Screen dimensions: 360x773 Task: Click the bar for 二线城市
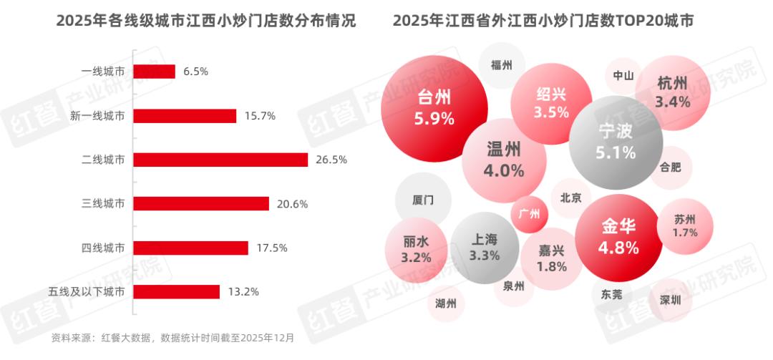point(220,160)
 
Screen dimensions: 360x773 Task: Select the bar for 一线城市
point(154,72)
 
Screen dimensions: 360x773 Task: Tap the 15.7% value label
point(261,116)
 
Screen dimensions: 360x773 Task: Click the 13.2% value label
point(244,292)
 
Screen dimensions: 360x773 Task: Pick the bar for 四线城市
point(190,248)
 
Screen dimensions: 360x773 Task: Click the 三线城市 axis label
point(103,204)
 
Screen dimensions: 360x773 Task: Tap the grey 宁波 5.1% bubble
point(616,142)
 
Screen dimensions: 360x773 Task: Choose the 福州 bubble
point(502,65)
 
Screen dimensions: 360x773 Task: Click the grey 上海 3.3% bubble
point(484,247)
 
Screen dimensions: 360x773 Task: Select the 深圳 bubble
point(671,300)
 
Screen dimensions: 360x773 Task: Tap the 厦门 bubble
point(423,200)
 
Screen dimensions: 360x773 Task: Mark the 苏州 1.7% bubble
point(685,225)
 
